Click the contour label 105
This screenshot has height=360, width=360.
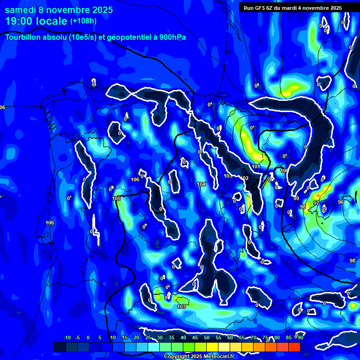pos(117,198)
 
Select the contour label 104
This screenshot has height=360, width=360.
pos(202,184)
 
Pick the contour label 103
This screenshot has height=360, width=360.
pos(181,307)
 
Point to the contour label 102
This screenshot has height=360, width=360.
pos(245,179)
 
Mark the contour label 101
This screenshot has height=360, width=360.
pos(256,167)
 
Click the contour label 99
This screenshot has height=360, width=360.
pos(296,199)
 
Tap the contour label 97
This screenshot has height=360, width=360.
pos(316,203)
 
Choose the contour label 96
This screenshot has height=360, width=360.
pos(341,202)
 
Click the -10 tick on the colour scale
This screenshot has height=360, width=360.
pos(67,337)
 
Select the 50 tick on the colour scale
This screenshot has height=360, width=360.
pos(207,337)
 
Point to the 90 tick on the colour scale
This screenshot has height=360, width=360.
pos(300,337)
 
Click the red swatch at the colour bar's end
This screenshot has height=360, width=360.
pos(294,347)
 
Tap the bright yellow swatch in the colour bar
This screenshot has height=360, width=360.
pos(224,347)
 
